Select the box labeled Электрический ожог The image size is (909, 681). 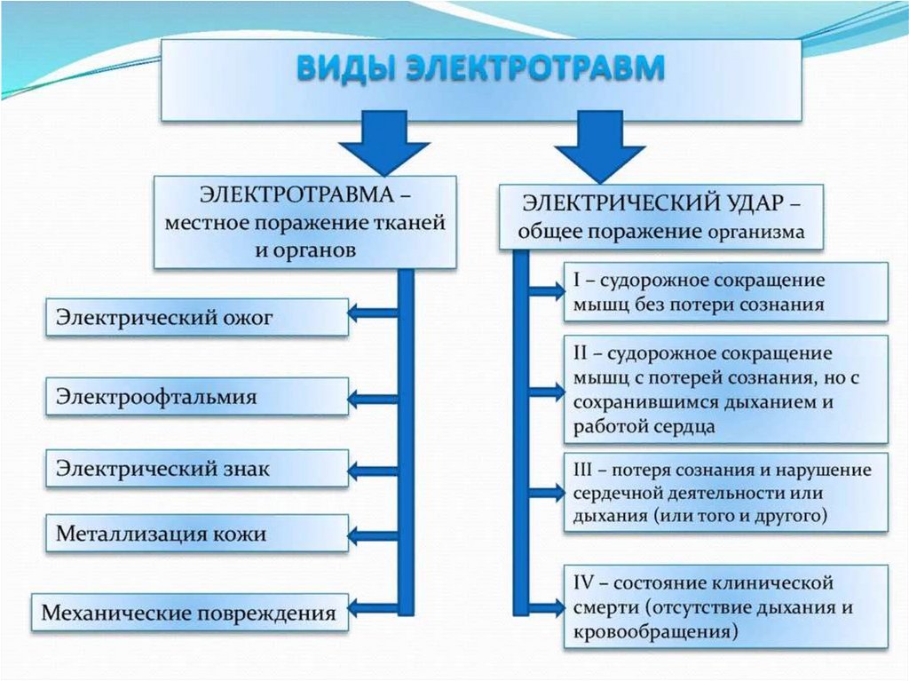tap(197, 317)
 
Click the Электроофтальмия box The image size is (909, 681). tap(197, 396)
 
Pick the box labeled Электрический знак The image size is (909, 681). tap(197, 468)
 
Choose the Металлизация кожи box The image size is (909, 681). tap(197, 535)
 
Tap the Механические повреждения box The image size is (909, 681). tap(189, 613)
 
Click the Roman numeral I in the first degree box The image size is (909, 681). tap(576, 281)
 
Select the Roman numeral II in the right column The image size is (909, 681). tap(580, 353)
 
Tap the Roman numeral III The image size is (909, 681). tap(584, 470)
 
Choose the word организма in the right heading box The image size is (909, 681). tap(756, 234)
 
